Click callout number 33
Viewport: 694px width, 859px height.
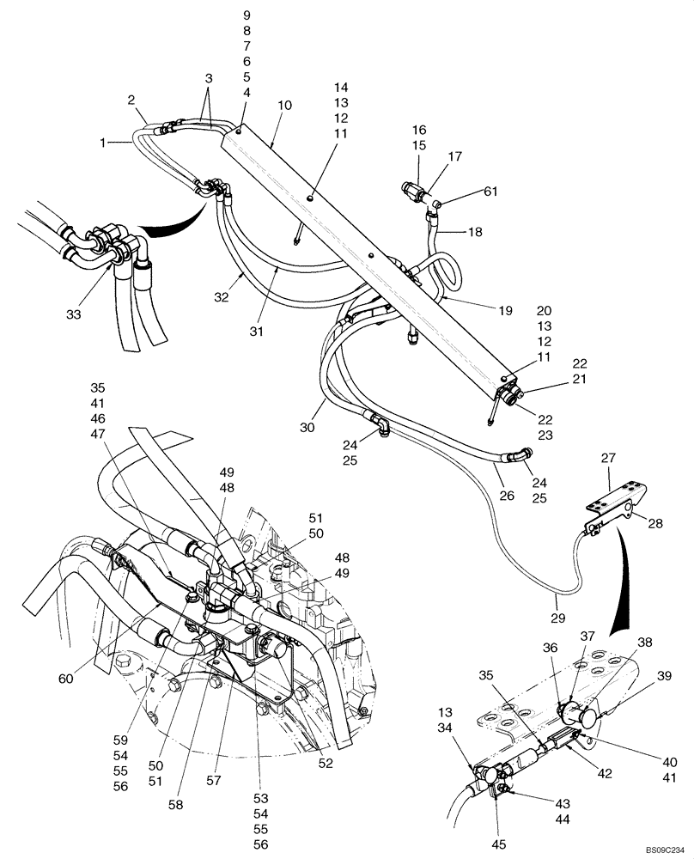coord(73,315)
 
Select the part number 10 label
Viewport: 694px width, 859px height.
coord(285,106)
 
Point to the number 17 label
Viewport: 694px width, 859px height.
coord(454,157)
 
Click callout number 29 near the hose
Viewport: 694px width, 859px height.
coord(558,618)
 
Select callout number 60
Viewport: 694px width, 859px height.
coord(65,679)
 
